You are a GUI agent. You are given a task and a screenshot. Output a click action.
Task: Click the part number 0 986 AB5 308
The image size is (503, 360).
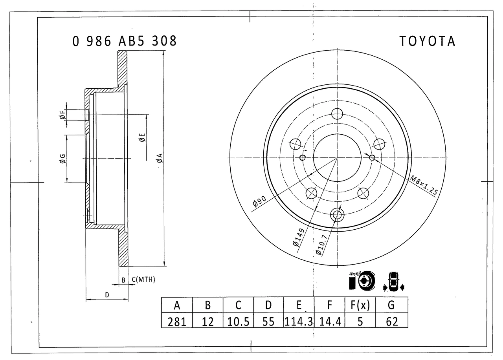pos(125,41)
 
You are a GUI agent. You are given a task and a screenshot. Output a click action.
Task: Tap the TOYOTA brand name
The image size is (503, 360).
pos(427,41)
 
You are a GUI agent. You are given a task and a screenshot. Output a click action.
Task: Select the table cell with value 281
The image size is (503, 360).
pos(177,320)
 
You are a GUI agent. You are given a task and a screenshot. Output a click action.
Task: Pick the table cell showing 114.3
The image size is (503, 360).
pos(299,320)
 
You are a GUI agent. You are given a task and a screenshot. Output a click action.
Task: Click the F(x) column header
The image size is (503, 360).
pos(360,305)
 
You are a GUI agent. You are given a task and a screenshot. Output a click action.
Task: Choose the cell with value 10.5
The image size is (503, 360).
pos(238,320)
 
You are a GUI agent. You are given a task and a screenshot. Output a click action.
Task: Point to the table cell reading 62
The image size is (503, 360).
pos(392,320)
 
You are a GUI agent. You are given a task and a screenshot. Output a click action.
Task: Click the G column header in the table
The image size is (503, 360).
pos(392,305)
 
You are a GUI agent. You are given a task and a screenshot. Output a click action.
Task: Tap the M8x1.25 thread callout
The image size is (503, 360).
pos(424,185)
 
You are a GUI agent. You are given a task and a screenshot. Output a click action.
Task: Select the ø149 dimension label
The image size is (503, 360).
pos(299,238)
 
